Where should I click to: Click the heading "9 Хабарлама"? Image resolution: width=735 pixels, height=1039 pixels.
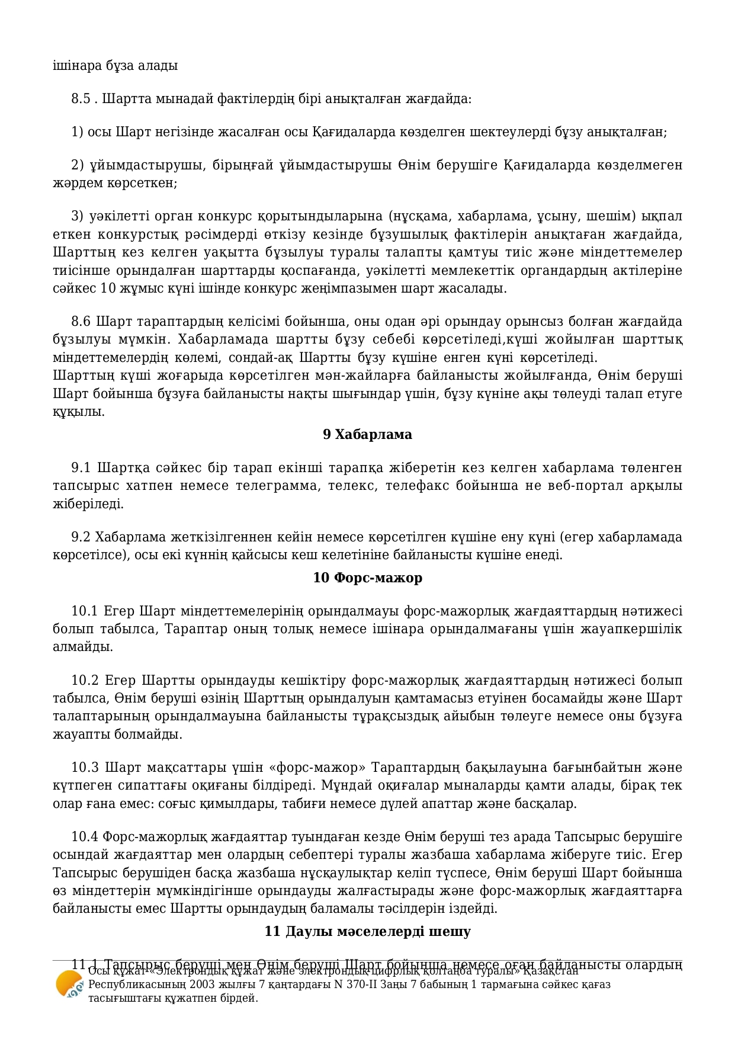[367, 434]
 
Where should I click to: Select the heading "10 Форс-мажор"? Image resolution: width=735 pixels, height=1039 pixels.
[367, 578]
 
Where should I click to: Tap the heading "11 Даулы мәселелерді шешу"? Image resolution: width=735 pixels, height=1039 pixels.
[367, 931]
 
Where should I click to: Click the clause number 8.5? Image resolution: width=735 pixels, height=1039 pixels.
[81, 98]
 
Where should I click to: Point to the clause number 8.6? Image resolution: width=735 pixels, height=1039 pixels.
[81, 322]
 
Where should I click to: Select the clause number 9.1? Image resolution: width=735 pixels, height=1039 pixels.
[81, 468]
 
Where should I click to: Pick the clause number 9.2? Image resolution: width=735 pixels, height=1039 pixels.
[81, 537]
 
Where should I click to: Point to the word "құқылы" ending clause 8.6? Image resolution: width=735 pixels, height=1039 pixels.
[78, 412]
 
